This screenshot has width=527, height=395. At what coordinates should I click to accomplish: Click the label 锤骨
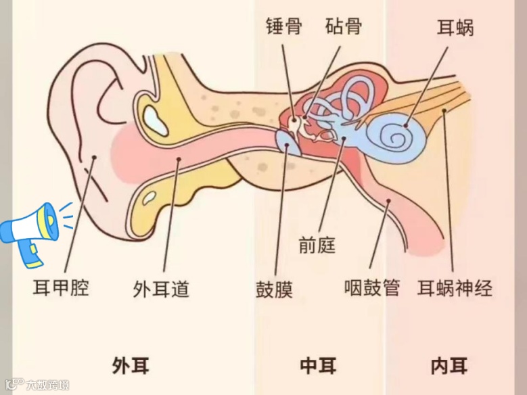pos(283,26)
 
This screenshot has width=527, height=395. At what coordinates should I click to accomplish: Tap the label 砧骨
pos(343,26)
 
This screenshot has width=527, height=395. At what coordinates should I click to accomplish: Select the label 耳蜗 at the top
pos(455,28)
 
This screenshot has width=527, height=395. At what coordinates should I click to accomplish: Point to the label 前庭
pos(317,245)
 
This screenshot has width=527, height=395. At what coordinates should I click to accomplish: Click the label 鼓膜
pos(274,289)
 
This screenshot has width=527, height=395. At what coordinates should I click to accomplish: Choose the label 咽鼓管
pos(372,289)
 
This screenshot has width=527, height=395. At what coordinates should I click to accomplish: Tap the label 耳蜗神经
pos(455,289)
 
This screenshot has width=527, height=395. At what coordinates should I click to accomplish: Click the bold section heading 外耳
pos(131,366)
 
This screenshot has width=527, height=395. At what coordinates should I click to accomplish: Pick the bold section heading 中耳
pos(318,366)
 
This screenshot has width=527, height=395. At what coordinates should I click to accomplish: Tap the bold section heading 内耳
pos(449,366)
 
